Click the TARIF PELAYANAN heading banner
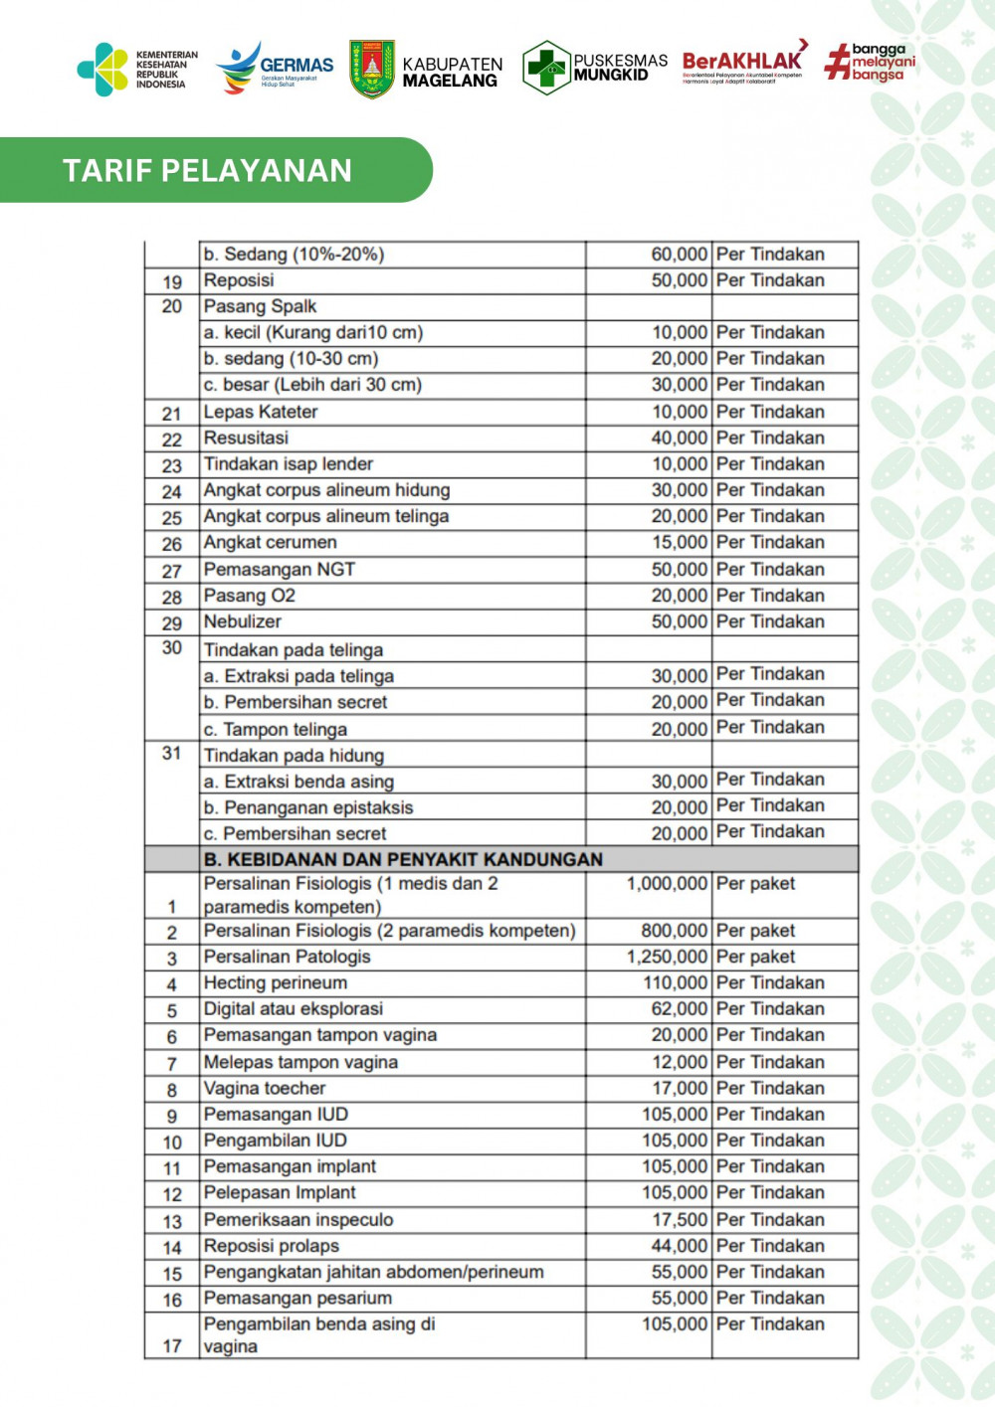tap(207, 170)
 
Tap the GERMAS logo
tap(275, 68)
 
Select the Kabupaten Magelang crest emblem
tap(372, 69)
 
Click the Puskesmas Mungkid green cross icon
tap(545, 68)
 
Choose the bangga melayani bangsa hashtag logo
tap(870, 62)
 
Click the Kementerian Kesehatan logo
tap(137, 69)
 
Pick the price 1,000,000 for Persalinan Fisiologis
tap(667, 884)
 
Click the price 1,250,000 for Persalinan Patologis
tap(667, 957)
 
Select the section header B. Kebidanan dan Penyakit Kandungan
tap(403, 859)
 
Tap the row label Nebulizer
tap(243, 621)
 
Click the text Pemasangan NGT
tap(280, 569)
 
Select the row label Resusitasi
tap(246, 438)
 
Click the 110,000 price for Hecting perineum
tap(675, 982)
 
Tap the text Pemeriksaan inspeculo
tap(298, 1219)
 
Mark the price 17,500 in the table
tap(680, 1219)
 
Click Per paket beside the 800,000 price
tap(755, 931)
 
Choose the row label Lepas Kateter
tap(261, 412)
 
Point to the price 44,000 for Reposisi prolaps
tap(680, 1246)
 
